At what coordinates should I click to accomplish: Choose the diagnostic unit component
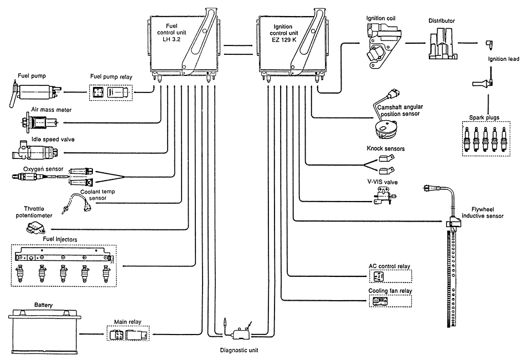point(240,332)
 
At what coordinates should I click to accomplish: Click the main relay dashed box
point(127,335)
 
